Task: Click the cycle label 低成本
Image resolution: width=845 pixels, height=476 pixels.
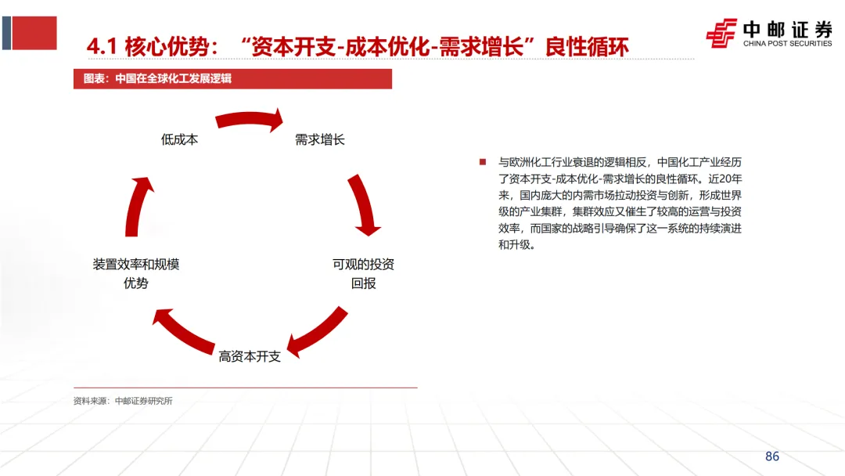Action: [x=179, y=140]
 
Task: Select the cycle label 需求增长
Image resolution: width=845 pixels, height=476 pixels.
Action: [x=319, y=140]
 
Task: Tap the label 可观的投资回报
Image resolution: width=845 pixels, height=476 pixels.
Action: [x=363, y=273]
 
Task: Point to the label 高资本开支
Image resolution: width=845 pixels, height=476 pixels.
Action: [x=250, y=356]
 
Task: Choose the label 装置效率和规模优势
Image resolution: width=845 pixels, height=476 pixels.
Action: [x=135, y=273]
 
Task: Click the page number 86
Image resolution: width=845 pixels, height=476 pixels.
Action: [x=772, y=456]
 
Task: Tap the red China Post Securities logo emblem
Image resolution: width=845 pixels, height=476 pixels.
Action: [x=721, y=33]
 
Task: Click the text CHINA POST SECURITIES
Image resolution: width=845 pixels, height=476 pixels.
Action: [x=787, y=44]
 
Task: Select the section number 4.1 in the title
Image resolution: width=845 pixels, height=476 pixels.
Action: [x=102, y=47]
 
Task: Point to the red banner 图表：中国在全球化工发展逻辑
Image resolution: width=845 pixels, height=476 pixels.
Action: [x=232, y=78]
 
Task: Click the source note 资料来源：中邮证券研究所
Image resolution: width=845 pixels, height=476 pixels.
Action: [x=123, y=401]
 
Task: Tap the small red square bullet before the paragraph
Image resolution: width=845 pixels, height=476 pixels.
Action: [x=484, y=162]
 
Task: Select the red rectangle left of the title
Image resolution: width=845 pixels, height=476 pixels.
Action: [x=34, y=33]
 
